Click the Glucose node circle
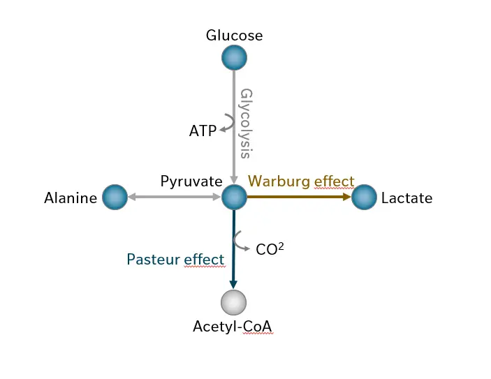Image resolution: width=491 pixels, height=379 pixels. coord(234,58)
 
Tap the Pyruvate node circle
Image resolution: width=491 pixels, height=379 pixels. coord(234,197)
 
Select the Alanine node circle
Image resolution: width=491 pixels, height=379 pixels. coord(115,197)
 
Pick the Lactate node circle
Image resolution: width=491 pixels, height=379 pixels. coord(364,197)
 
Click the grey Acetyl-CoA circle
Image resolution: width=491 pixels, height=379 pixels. coord(233,302)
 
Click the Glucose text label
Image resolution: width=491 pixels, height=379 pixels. coord(234,36)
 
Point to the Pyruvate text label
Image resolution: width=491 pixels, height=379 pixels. coord(191,181)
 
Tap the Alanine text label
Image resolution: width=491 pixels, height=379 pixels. coord(71,198)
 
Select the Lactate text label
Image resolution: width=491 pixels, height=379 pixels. coord(406,198)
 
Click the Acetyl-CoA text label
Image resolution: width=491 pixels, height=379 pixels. coord(233,327)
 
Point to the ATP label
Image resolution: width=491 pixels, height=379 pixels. coord(203,131)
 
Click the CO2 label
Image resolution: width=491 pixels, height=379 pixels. coord(270,248)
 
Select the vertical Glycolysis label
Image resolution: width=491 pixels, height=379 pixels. coord(247,124)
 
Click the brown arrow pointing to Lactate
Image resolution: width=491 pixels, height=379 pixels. coord(299,197)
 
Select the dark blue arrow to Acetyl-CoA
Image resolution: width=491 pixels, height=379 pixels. coord(233,249)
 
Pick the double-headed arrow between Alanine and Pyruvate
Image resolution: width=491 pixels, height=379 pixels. coord(175,197)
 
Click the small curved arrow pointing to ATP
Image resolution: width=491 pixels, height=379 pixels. coord(227,123)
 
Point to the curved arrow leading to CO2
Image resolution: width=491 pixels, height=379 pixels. coord(241,241)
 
